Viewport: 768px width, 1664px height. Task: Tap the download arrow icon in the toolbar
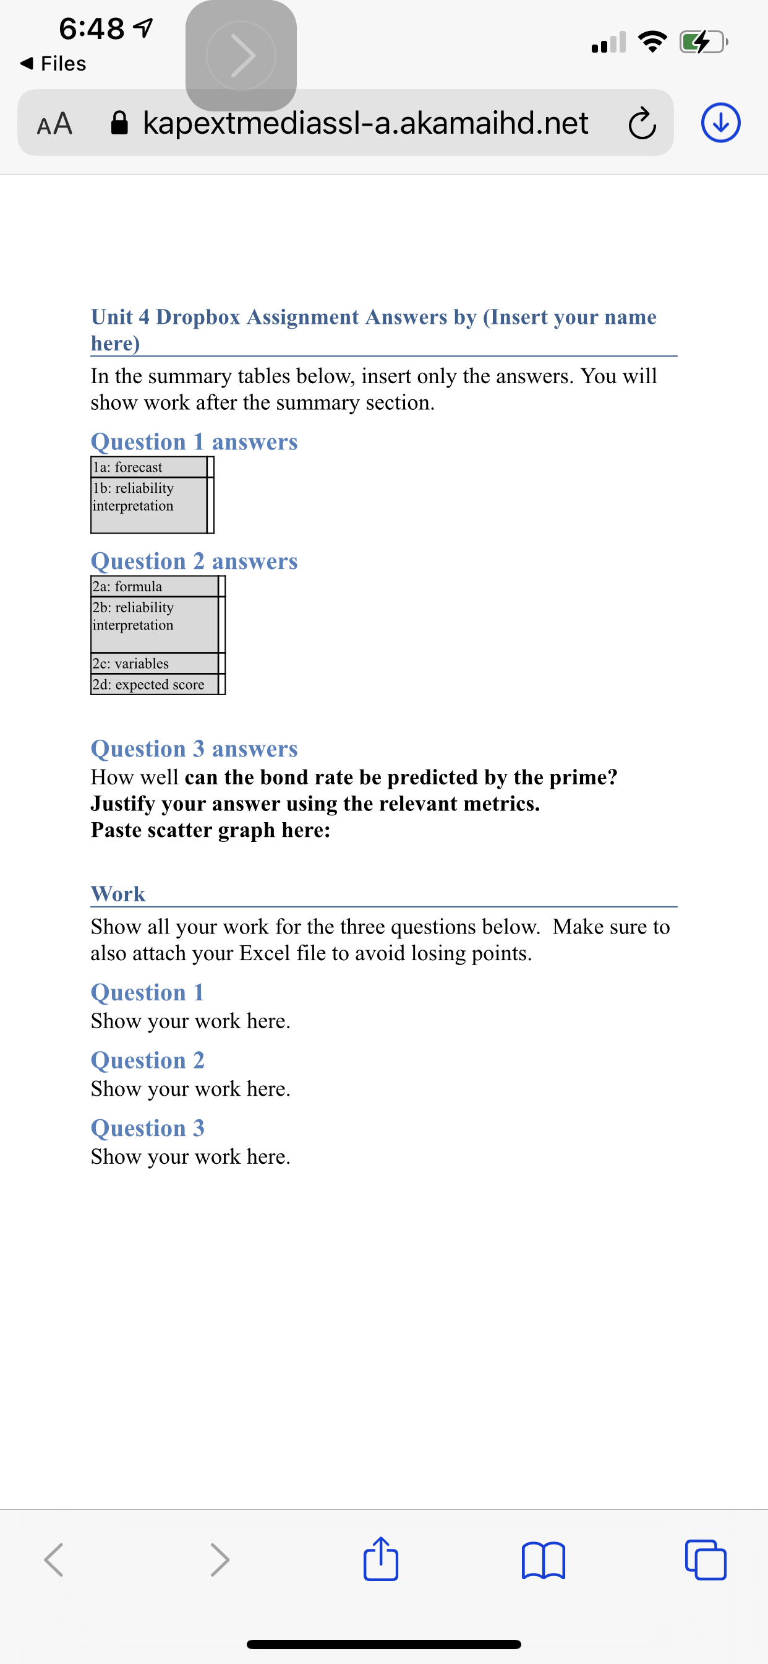[720, 123]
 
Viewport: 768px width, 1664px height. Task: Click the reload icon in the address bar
[641, 123]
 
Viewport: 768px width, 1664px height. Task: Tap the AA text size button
[55, 123]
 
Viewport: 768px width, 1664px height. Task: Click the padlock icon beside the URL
[119, 123]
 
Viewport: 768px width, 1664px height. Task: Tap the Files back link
[54, 63]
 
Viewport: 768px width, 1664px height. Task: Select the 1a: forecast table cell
[148, 467]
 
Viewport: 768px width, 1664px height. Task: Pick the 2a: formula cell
[153, 586]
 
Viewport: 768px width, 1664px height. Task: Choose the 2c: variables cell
[153, 664]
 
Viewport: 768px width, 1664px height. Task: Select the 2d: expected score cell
[153, 684]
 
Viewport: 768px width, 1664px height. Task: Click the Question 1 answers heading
[194, 442]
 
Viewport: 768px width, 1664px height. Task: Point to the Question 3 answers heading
[194, 748]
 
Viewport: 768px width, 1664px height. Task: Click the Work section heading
[118, 894]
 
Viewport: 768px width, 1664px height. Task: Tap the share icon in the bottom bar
[381, 1559]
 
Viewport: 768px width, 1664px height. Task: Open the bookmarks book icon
[543, 1561]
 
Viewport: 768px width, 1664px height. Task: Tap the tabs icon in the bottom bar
[706, 1561]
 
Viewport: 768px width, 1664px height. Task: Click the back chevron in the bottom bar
[54, 1561]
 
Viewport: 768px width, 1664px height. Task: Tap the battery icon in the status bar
[703, 43]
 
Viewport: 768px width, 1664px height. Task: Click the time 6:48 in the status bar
[92, 28]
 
